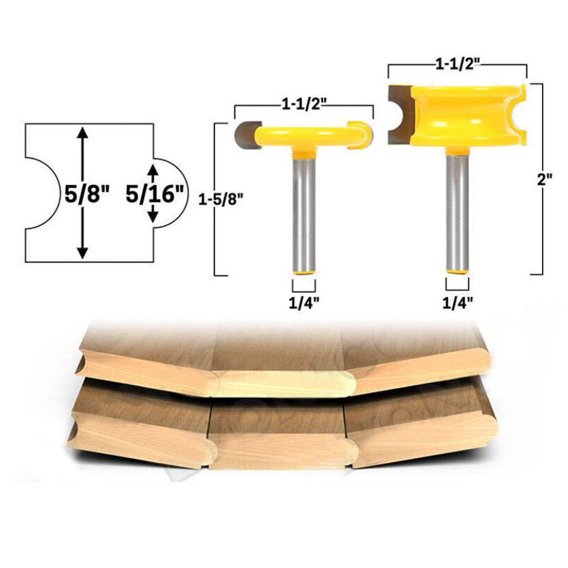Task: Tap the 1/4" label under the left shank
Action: (304, 302)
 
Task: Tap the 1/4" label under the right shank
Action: (458, 302)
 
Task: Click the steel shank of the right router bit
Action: (458, 211)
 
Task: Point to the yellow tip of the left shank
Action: (304, 273)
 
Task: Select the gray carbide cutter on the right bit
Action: (398, 114)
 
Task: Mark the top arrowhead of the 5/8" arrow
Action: (82, 131)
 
